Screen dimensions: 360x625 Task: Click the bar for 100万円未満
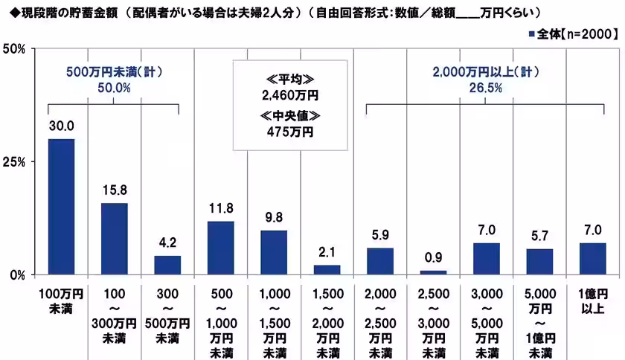tap(61, 206)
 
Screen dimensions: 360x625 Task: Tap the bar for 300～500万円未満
tap(167, 265)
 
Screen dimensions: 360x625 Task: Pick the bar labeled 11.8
tap(221, 248)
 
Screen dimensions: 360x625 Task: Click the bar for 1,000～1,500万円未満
tap(274, 252)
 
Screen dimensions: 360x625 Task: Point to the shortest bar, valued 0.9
tap(433, 272)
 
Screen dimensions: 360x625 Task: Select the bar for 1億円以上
tap(592, 258)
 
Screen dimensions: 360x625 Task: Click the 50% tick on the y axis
tap(16, 49)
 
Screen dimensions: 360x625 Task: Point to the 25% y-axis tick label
tap(16, 161)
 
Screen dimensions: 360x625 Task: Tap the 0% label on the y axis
tap(19, 274)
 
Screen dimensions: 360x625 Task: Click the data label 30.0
tap(61, 127)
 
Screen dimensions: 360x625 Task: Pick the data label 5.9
tap(380, 237)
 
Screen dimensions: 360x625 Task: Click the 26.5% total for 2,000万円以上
tap(485, 87)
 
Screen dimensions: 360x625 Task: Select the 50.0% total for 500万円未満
tap(113, 87)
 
